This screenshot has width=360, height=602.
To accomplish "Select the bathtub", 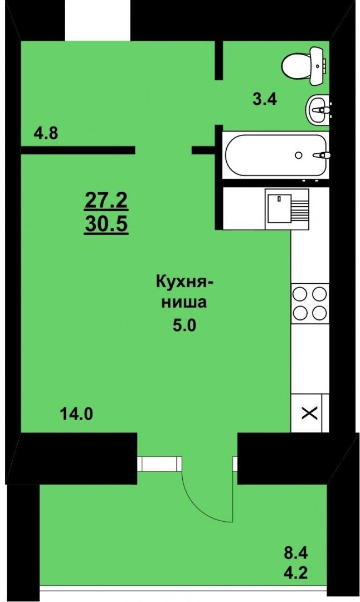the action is (x=276, y=155).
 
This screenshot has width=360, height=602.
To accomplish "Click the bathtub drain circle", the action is (x=298, y=155).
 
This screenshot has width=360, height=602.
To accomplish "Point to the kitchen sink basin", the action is (x=279, y=209).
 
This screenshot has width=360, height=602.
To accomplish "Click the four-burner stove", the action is (x=310, y=303).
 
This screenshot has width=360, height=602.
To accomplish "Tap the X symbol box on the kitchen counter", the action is (x=310, y=414).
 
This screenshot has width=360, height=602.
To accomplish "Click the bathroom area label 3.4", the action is (x=265, y=99).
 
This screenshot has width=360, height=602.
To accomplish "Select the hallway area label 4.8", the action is (x=46, y=134).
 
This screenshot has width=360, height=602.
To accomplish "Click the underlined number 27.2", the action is (x=105, y=201).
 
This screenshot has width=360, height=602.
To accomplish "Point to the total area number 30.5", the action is (x=106, y=225).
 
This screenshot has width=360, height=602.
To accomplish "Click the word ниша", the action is (x=184, y=303).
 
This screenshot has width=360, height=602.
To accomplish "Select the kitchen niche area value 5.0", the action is (x=184, y=326).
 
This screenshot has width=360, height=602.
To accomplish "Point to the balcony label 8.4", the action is (x=295, y=555).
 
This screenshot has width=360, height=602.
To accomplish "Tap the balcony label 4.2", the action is (x=295, y=574).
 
